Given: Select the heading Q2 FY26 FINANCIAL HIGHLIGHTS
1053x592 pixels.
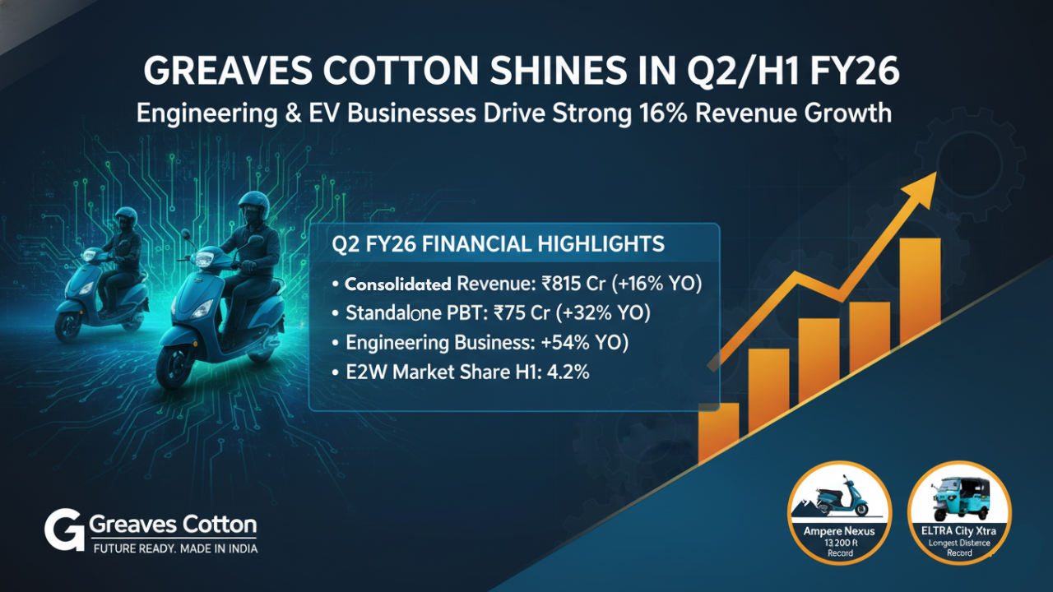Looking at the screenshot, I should click(497, 245).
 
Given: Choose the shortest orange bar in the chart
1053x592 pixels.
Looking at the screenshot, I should click(718, 432).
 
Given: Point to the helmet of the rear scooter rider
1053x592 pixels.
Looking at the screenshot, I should click(126, 218).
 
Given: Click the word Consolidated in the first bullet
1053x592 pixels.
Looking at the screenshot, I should click(397, 284).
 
